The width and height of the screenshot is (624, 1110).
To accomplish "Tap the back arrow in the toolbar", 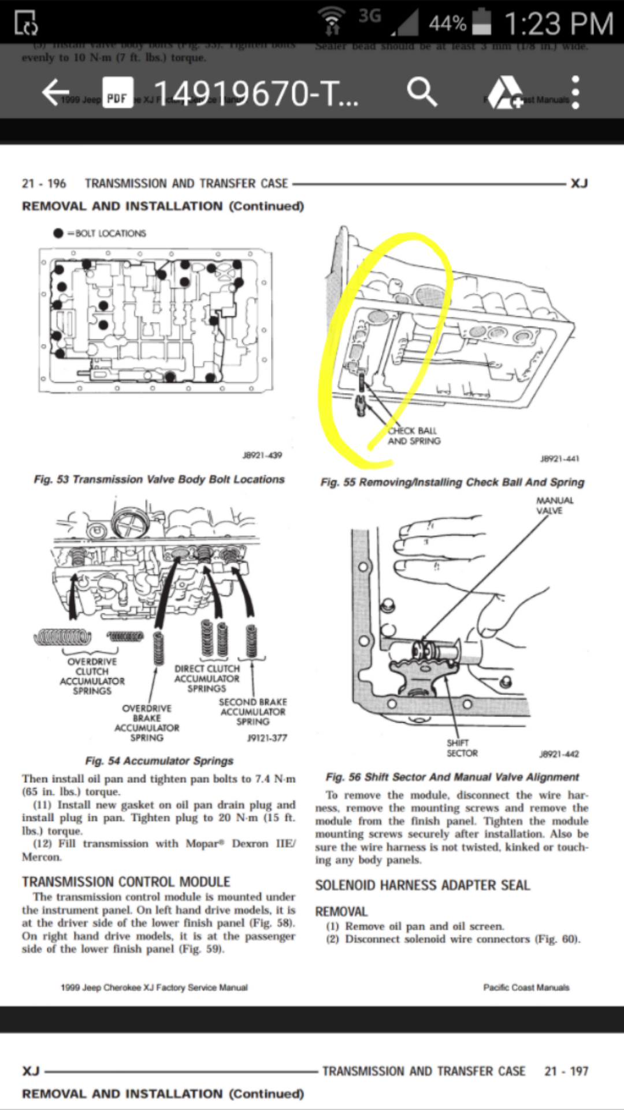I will point(56,92).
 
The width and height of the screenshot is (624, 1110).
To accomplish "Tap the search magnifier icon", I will point(422,92).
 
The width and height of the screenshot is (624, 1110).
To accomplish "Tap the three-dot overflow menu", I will point(575,92).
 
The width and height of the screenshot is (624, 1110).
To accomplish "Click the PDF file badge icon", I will point(117,94).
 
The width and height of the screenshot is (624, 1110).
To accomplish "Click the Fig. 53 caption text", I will point(159,479).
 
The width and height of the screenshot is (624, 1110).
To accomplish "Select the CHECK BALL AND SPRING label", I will point(414,436).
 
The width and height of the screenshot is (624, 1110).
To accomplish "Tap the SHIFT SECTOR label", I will point(462,748).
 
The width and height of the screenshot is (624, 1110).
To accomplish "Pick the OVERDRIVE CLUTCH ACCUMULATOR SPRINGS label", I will point(92,676).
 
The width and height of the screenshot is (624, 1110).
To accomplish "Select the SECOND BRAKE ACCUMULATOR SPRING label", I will point(252,712).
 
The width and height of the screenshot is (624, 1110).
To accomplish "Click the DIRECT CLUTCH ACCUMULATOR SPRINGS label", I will point(207,678).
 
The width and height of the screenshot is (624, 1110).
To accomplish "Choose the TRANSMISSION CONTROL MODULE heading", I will point(126,882).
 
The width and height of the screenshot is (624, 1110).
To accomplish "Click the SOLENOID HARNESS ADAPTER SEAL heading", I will point(422,885).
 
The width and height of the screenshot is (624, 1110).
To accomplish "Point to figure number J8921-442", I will point(559,754).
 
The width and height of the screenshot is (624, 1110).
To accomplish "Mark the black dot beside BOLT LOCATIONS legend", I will point(58,233).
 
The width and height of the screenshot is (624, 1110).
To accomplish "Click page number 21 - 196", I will point(44,183).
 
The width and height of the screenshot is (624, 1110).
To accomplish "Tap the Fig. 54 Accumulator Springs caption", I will point(159,761).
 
